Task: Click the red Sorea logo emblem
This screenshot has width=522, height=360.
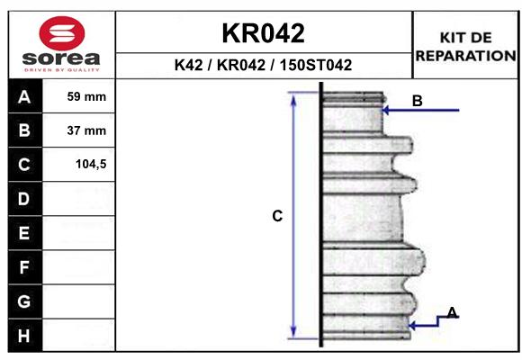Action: (62, 33)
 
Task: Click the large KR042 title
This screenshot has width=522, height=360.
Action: (264, 33)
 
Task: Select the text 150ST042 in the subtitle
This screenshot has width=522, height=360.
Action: (316, 66)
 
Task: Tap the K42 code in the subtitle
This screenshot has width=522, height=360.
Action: (189, 66)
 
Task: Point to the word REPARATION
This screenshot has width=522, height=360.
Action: (465, 56)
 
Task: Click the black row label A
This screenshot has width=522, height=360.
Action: (25, 96)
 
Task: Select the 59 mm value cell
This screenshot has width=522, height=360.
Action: (78, 96)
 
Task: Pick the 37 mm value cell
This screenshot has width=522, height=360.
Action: (78, 130)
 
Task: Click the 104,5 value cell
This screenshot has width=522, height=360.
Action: (78, 165)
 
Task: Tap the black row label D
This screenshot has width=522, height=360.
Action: (25, 199)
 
